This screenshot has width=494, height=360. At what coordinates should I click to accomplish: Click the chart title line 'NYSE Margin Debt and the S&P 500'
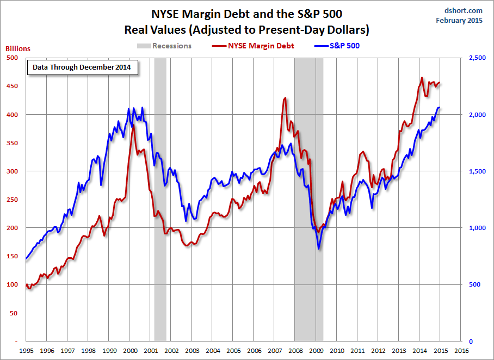(247, 13)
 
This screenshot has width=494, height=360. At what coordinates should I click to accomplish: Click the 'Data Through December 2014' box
(82, 68)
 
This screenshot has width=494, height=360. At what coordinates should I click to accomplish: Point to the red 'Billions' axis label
(18, 48)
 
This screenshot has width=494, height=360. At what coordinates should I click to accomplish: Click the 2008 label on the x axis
(295, 351)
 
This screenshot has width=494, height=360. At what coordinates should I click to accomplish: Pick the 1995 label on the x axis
(26, 351)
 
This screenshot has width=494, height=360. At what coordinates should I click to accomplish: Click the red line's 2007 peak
(285, 98)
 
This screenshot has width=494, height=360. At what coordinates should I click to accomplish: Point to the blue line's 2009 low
(319, 249)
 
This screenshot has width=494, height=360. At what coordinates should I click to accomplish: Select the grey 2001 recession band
(160, 196)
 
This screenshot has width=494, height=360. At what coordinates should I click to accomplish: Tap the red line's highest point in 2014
(422, 78)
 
